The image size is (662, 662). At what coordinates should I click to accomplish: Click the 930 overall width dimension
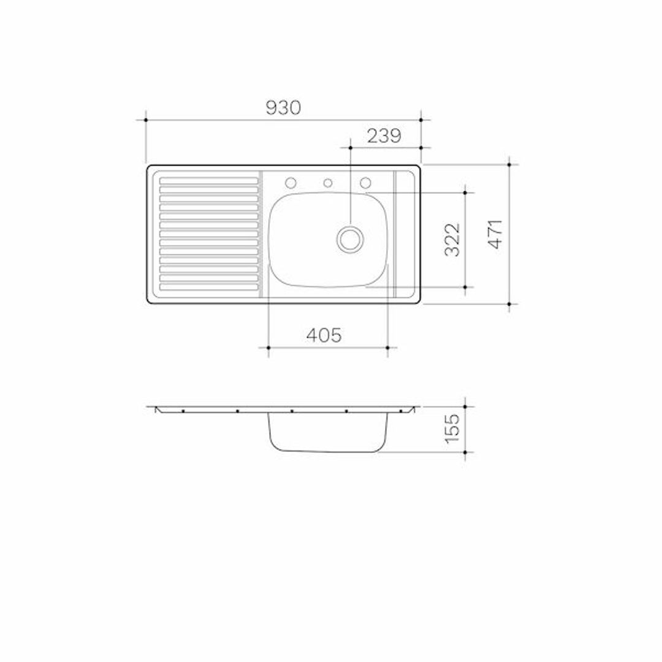point(283,108)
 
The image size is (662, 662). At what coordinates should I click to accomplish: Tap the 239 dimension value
point(384,136)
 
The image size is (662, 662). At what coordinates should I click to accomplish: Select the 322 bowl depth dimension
point(452,240)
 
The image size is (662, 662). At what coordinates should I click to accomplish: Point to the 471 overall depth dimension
point(495,234)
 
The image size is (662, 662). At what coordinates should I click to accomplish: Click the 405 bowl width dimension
point(324,335)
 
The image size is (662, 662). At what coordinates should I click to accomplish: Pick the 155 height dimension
point(452,428)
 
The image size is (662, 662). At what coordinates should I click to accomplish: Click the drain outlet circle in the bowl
point(350,238)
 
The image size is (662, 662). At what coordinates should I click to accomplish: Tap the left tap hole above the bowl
point(291,183)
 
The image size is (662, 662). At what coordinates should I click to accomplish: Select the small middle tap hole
point(328,183)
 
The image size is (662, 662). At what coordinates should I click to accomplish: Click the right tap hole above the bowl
point(365,183)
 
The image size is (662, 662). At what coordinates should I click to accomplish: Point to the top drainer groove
point(209,181)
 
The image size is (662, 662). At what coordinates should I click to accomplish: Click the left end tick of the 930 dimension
point(146,120)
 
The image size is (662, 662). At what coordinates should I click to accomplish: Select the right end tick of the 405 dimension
point(388,348)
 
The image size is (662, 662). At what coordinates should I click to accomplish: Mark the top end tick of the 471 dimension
point(510,164)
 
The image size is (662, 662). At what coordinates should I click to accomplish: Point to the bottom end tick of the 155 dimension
point(465,452)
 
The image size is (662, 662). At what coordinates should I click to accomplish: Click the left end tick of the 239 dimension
point(350,147)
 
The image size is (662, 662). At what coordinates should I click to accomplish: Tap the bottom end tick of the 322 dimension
point(465,287)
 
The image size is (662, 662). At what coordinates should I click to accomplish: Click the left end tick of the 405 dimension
point(268,348)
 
